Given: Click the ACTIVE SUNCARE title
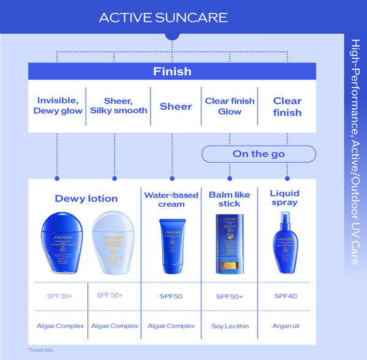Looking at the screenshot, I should click(163, 17).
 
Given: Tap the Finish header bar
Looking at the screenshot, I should click(172, 72).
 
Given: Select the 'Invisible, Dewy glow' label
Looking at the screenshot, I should click(57, 105).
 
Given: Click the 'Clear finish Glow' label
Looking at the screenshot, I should click(229, 106).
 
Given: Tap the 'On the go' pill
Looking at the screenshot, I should click(259, 154).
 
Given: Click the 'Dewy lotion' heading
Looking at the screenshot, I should click(86, 198).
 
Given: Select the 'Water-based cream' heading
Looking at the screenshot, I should click(171, 200).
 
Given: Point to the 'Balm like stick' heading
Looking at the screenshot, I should click(229, 199).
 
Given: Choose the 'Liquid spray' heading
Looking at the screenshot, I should click(284, 198).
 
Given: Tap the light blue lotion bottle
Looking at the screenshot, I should click(114, 241).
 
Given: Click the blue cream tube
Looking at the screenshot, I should click(171, 244).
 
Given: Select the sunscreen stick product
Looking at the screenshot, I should click(229, 244).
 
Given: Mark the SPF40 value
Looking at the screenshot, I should click(284, 296).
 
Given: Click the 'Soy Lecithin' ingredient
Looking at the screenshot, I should click(229, 326).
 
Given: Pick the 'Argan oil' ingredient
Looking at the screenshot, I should click(284, 326).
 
